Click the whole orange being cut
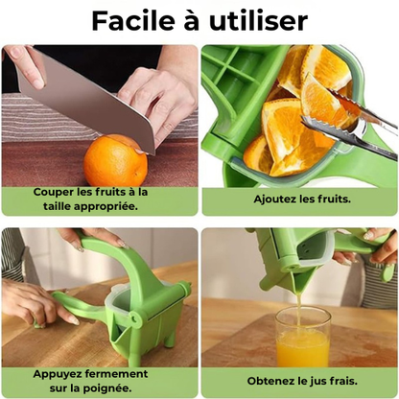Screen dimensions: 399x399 (115, 160)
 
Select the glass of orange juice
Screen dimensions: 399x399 (303, 338)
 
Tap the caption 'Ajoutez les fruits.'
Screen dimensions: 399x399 (302, 200)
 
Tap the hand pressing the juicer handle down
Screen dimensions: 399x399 (96, 238)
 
